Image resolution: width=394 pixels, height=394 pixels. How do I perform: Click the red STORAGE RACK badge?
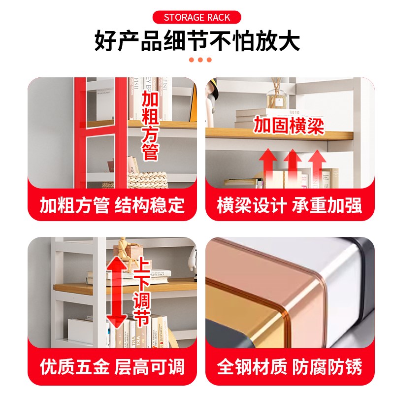click(197, 18)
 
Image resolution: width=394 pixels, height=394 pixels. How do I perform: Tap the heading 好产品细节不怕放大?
click(197, 41)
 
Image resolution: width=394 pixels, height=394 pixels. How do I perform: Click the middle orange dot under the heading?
click(200, 60)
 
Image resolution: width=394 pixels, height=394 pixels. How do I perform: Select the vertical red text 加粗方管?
click(150, 126)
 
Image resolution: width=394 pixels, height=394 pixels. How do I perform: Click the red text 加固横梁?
click(289, 126)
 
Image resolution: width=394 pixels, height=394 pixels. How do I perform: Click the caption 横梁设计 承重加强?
click(290, 205)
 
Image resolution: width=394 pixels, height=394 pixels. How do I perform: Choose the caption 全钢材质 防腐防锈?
click(290, 367)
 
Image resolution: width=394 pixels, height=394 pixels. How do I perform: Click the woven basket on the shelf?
click(143, 177)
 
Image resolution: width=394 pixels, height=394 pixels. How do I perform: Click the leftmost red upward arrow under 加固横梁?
click(268, 167)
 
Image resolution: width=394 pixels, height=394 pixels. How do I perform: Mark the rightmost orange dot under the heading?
click(209, 60)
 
